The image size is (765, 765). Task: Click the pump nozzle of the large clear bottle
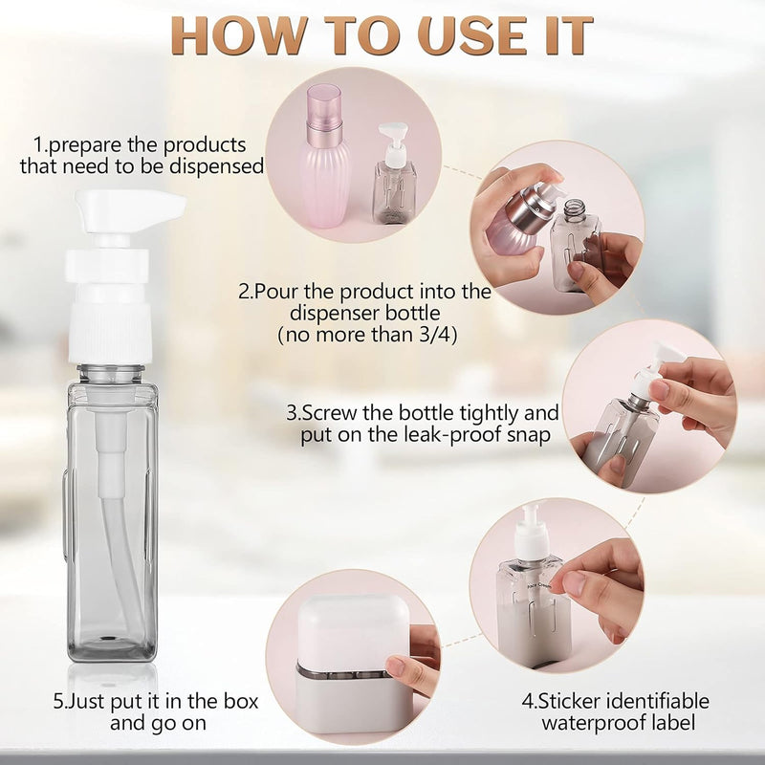tap(130, 212)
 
